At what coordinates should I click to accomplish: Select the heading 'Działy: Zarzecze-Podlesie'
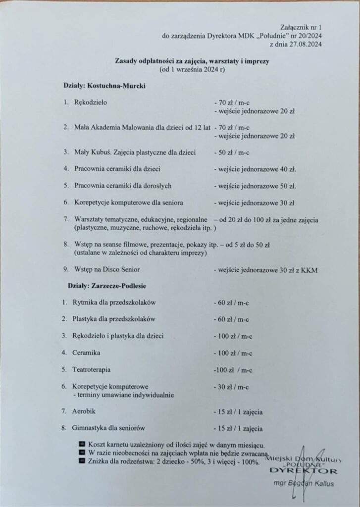click(104, 286)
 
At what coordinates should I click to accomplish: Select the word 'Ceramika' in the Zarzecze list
click(87, 353)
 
